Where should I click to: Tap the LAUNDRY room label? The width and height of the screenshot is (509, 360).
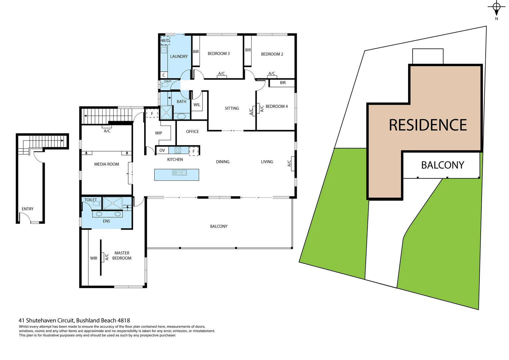coord(179,57)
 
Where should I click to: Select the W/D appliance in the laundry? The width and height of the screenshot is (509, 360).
coord(165,41)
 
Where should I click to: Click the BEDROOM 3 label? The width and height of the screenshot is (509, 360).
coord(219,54)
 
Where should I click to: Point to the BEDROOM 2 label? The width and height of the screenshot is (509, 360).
coord(272,54)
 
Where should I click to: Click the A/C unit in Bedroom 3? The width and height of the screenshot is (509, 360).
coord(222,77)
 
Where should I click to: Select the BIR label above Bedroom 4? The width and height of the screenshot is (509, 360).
coord(282,83)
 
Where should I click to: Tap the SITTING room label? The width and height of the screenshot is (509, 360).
coord(232,108)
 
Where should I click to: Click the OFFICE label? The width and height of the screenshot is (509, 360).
coord(192,132)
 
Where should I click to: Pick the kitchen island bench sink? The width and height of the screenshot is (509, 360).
coord(180,173)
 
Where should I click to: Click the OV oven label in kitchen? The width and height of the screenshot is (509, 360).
coord(162,150)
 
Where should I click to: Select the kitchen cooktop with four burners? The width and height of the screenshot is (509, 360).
coord(178,150)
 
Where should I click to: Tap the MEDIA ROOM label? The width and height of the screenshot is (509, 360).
coord(106,164)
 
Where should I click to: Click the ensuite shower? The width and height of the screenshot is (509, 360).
coord(112,203)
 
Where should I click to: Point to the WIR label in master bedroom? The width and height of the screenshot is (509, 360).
coord(94,258)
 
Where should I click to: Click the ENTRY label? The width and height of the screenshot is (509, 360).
coord(28,209)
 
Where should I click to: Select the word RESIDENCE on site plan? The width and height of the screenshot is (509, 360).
coord(428,125)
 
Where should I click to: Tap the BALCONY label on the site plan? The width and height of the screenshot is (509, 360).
coord(442,165)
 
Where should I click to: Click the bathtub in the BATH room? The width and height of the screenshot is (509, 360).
coord(182,116)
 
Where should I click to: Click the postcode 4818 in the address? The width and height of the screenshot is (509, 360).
coord(124,321)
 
